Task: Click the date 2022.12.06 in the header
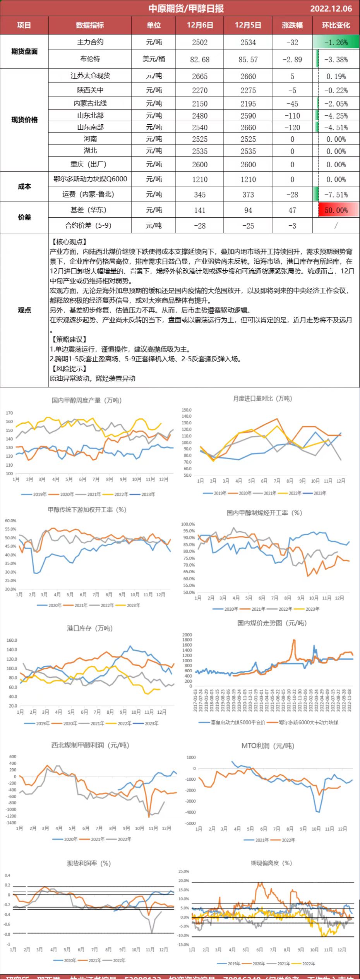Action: [x=331, y=9]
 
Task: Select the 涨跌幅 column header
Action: [x=292, y=25]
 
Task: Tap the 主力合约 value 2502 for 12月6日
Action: [x=200, y=43]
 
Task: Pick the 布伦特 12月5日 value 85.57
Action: [x=248, y=60]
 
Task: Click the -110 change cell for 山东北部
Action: [x=292, y=116]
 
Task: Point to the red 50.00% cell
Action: [x=336, y=210]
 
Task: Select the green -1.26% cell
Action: [x=336, y=43]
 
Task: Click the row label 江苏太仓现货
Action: [x=90, y=76]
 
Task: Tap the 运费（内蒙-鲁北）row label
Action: [x=90, y=194]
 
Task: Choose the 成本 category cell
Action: [x=24, y=187]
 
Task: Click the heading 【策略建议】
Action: [x=69, y=339]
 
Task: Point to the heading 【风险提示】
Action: [x=69, y=369]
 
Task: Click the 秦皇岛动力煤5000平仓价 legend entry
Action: [x=235, y=723]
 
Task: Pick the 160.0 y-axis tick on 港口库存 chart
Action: [x=12, y=641]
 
